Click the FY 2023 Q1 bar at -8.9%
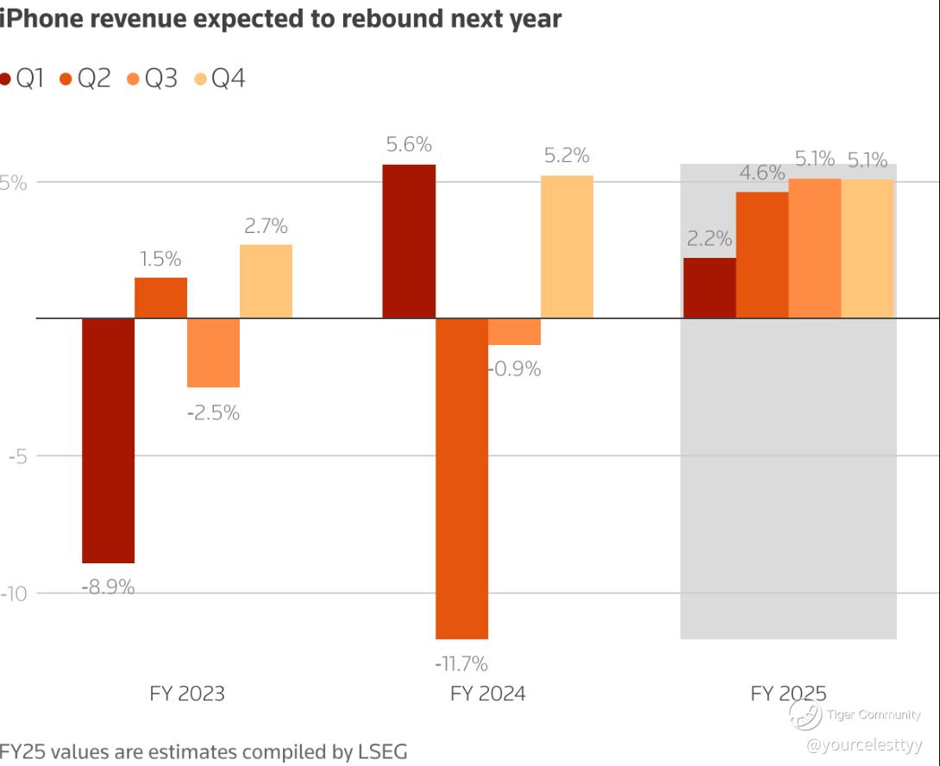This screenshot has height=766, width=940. pos(108,440)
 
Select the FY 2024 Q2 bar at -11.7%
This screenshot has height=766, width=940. pos(461,479)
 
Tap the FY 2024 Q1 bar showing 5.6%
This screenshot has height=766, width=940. pos(409,242)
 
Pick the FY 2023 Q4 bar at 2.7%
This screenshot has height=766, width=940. pos(266,281)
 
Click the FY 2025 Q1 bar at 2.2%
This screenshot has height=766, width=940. pos(710,288)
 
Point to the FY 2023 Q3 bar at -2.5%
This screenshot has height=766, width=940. pos(213,353)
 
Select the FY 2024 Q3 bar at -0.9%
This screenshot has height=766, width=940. pos(514,332)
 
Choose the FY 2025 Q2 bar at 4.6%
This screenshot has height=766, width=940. pos(762,255)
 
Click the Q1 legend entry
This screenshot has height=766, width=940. pos(22,78)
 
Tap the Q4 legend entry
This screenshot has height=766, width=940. pos(220,78)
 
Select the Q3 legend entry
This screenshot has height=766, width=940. pos(153,78)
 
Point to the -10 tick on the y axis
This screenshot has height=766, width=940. pos(14,593)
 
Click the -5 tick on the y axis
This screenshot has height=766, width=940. pos(18,456)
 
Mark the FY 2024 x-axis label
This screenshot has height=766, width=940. pos(488,694)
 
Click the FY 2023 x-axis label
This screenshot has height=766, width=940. pos(187,694)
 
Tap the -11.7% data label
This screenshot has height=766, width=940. pos(461,664)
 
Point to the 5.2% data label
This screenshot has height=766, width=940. pos(567,156)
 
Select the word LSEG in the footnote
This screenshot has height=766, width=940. pos(383,751)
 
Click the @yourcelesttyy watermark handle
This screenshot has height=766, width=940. pos(864,745)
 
